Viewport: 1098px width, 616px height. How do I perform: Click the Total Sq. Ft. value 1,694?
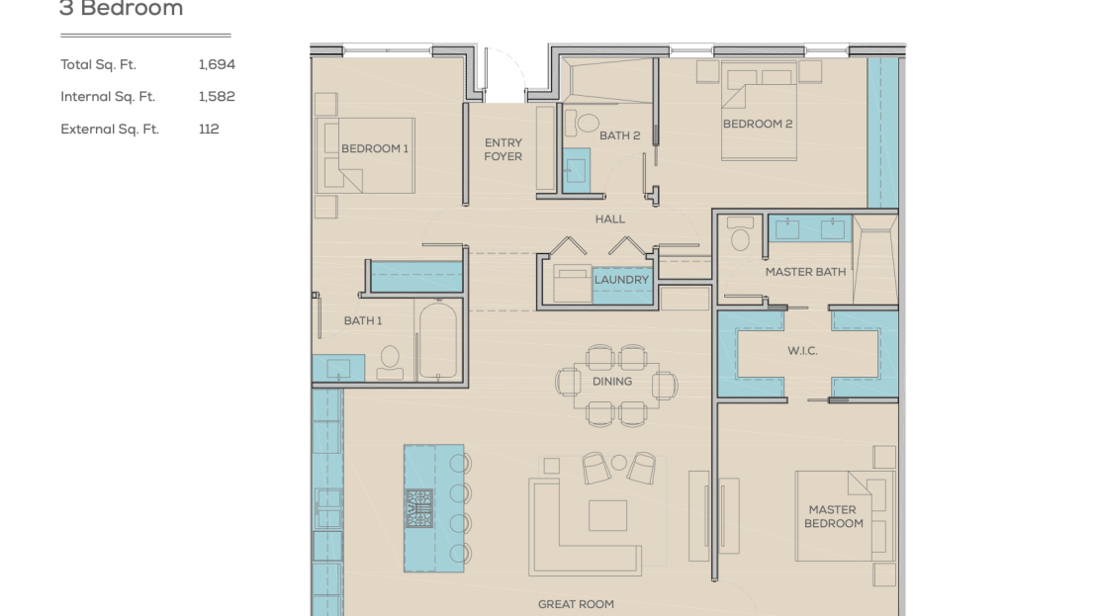click(217, 65)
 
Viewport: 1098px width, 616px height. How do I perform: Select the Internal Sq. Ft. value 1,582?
click(217, 97)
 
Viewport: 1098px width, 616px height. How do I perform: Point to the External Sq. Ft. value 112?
click(209, 129)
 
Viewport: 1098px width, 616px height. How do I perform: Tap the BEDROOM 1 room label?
click(375, 148)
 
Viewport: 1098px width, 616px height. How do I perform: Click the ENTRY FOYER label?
click(503, 149)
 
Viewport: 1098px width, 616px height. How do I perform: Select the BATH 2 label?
click(619, 135)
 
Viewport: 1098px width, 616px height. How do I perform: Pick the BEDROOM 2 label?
click(758, 124)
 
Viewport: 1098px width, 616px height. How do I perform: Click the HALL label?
click(610, 220)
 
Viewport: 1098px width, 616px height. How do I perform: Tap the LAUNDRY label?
click(622, 280)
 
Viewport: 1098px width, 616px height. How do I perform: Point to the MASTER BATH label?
click(805, 272)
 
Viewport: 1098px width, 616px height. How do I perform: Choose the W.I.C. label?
click(802, 351)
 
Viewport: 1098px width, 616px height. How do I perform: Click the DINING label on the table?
click(612, 382)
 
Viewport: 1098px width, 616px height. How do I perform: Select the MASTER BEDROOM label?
click(833, 516)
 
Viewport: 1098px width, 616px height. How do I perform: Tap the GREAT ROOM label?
click(576, 604)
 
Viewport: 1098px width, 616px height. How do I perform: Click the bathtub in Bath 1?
click(437, 340)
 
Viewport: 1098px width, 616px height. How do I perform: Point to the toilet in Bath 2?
click(587, 124)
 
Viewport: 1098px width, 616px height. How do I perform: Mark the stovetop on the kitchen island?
click(419, 508)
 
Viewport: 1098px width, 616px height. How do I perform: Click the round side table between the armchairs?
click(619, 463)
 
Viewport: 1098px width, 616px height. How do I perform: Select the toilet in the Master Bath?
click(740, 233)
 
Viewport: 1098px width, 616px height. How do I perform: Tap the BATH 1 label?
click(363, 320)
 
